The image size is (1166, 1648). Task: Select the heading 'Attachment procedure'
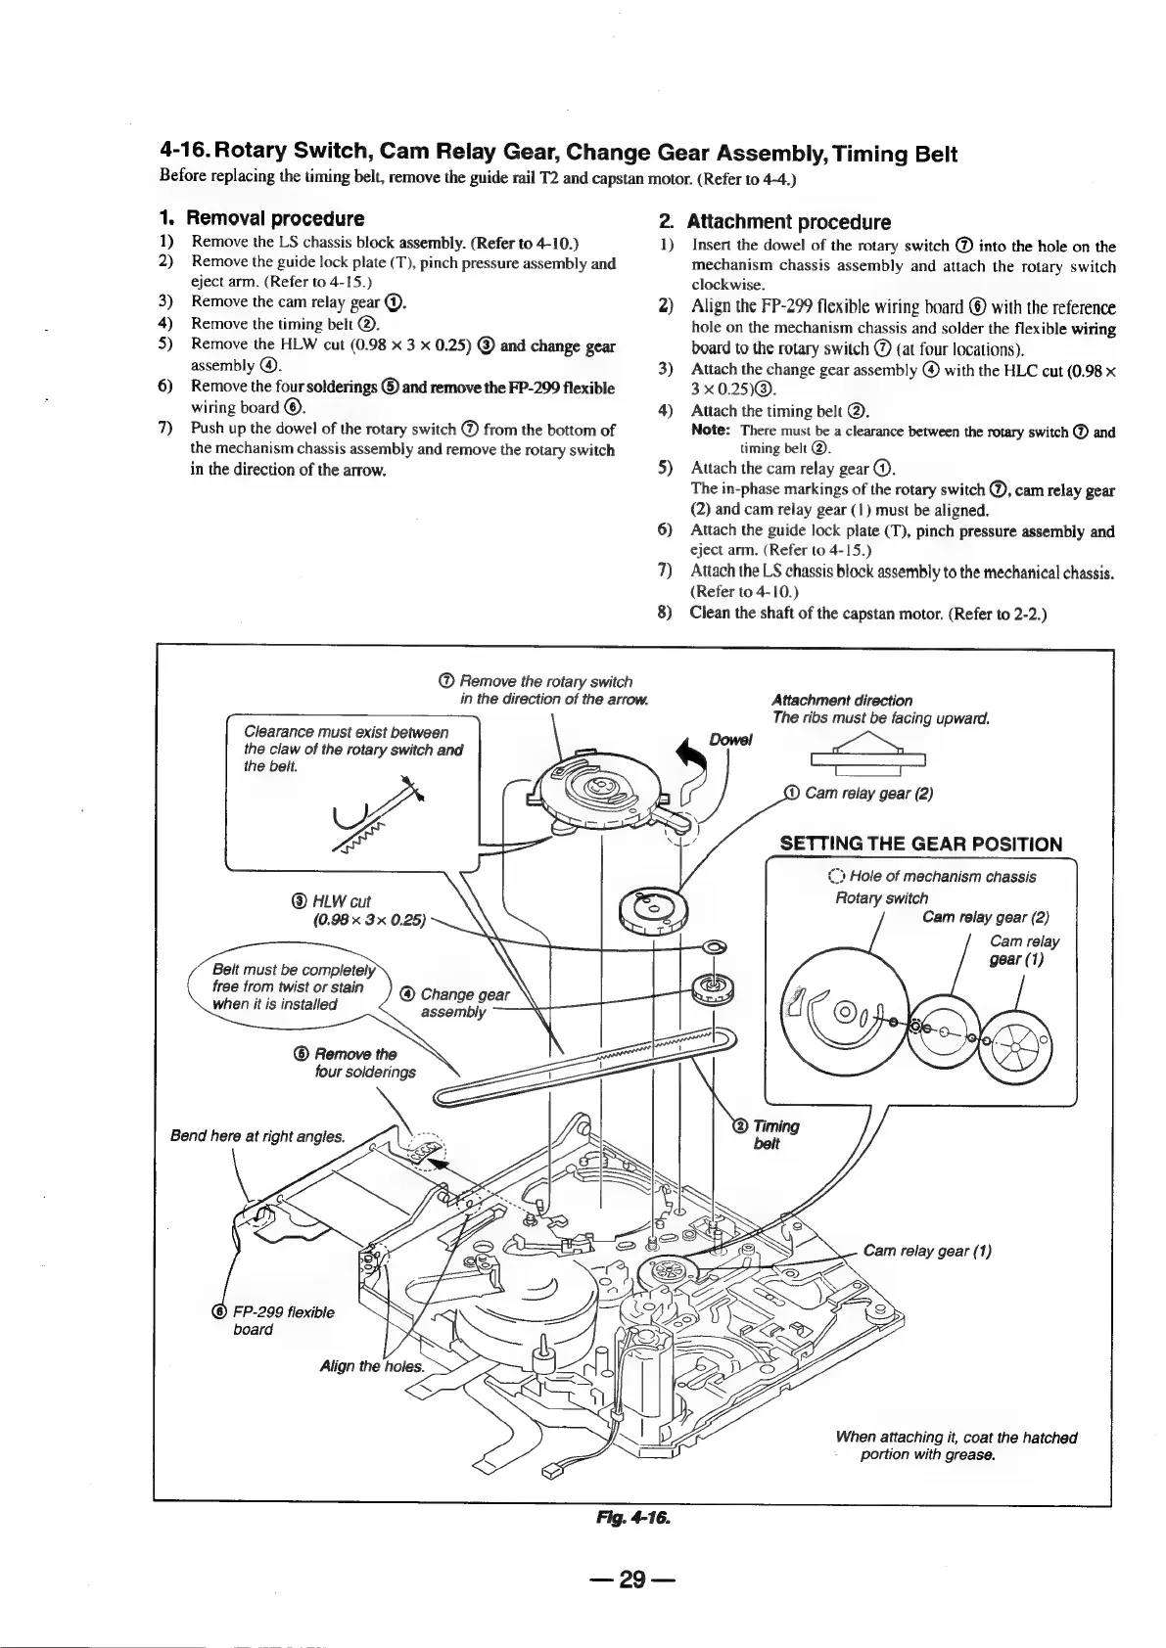(x=788, y=221)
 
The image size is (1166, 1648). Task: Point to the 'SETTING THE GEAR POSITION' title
(x=920, y=844)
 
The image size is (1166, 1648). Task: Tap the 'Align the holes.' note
(x=372, y=1366)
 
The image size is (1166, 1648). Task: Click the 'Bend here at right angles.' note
(x=257, y=1136)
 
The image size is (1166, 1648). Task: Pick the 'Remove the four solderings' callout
(x=357, y=1062)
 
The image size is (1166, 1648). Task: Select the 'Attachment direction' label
(x=842, y=700)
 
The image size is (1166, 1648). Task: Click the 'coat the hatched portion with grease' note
(x=956, y=1445)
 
